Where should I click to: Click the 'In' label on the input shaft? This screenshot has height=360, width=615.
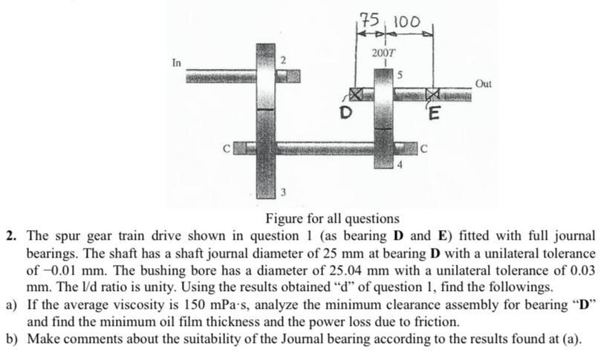(x=176, y=62)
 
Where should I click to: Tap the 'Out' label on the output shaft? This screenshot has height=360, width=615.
(x=483, y=84)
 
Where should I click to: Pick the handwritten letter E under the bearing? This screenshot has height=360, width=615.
(x=435, y=114)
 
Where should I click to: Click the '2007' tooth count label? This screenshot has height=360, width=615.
(x=384, y=54)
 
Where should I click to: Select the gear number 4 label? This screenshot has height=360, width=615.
(x=400, y=165)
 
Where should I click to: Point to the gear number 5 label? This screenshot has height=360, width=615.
(x=400, y=74)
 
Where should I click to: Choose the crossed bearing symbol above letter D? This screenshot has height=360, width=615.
(x=358, y=95)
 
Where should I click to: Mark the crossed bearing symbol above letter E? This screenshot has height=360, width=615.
(x=433, y=95)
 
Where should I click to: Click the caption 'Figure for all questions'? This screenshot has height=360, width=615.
(x=332, y=219)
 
